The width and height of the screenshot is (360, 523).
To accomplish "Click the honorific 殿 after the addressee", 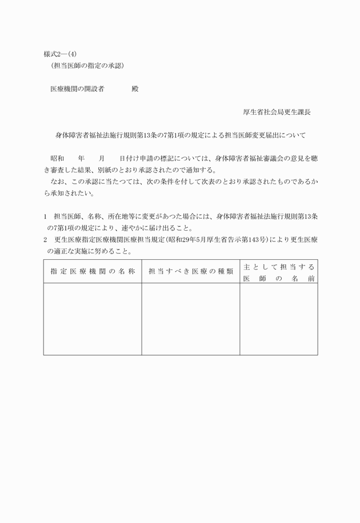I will tap(135, 90).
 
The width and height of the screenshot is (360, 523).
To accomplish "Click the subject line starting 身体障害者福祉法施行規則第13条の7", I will tap(181, 136).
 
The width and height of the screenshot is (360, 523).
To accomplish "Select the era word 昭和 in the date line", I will tap(57, 158).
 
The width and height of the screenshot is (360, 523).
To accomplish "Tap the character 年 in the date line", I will tap(81, 158).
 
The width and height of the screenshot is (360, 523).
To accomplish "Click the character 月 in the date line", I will tap(102, 158).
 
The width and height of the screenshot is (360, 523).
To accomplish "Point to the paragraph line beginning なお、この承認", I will tap(181, 182).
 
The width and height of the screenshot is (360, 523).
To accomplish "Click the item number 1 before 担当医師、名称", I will tap(45, 217).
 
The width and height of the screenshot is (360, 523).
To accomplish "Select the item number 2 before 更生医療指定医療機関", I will tap(45, 240).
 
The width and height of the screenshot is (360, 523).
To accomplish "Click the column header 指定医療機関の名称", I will tap(93, 272).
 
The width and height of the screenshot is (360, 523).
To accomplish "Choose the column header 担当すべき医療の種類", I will tap(190, 272).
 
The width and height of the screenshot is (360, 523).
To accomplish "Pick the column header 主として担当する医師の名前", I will tap(279, 272).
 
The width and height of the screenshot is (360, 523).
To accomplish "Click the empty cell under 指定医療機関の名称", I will tap(93, 319).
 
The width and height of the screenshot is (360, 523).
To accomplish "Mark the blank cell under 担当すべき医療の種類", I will tap(190, 319).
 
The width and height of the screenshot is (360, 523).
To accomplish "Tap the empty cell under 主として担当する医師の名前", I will tap(279, 319).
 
